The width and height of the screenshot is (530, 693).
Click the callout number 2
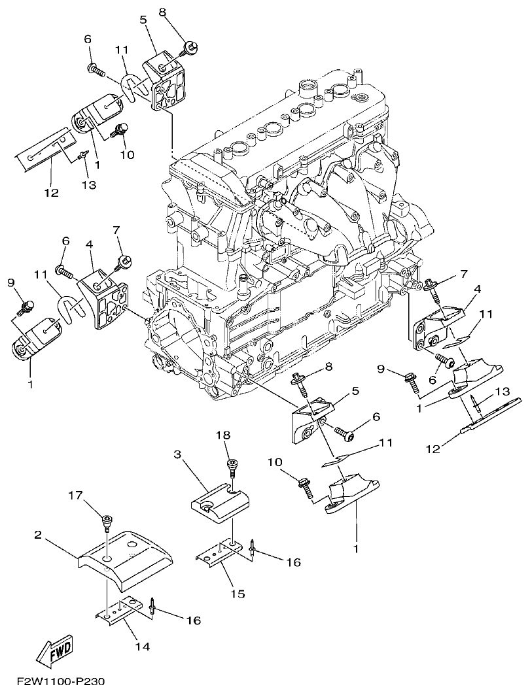[39, 534]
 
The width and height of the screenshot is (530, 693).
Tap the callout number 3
[177, 453]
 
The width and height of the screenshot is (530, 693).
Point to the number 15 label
[238, 594]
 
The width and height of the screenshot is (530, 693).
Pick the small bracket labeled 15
[219, 554]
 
